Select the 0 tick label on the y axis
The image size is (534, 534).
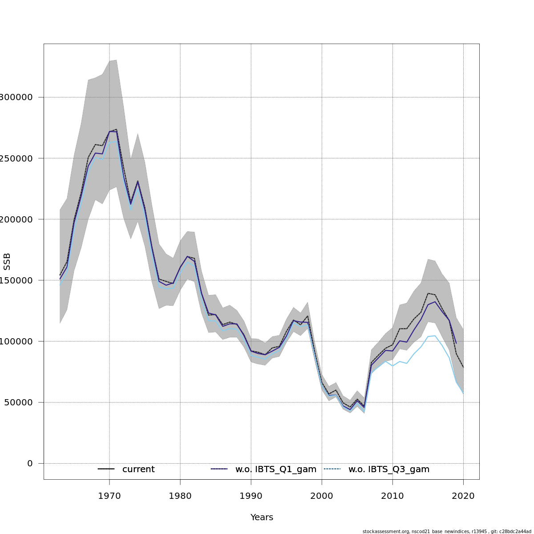pos(30,463)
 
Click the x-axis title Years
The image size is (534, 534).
pos(262,517)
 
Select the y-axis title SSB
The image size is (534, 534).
pos(7,261)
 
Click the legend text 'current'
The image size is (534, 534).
pos(138,469)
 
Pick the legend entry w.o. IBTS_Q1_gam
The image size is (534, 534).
pos(276,469)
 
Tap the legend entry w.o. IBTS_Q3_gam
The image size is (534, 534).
pos(389,469)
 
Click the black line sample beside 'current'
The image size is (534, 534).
pos(106,469)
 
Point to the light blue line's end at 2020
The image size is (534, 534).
pos(463,393)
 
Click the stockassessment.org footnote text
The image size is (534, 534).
pos(447,531)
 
